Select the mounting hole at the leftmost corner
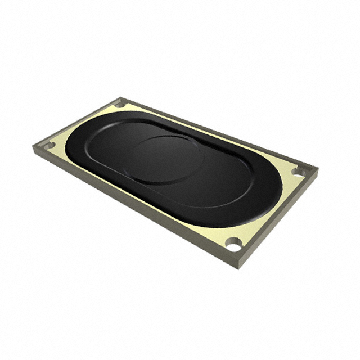[x=49, y=145]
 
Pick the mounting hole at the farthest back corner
[x=120, y=104]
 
